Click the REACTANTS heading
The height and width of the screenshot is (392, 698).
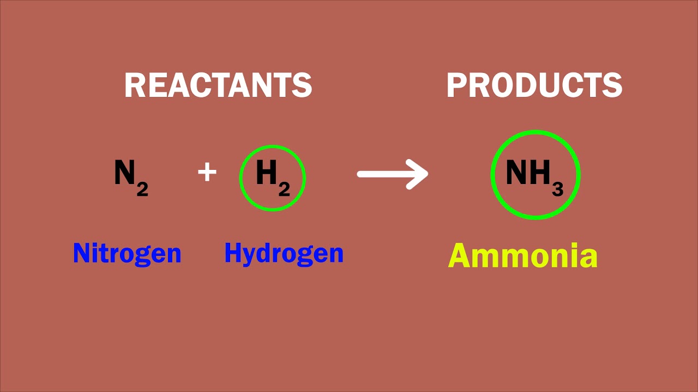(x=218, y=85)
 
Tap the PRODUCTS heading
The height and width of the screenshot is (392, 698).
(x=534, y=85)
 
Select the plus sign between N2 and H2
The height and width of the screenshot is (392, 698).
(x=207, y=173)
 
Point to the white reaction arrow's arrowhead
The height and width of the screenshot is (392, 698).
(x=419, y=174)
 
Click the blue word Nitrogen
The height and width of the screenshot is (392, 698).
(x=127, y=253)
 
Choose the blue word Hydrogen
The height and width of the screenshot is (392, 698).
(x=284, y=254)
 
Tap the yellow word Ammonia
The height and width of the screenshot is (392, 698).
(x=522, y=256)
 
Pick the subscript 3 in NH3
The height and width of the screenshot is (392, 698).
(x=557, y=189)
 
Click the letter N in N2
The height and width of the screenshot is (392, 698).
(x=124, y=173)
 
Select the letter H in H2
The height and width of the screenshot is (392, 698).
(x=266, y=173)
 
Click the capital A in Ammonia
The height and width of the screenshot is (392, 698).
(x=460, y=256)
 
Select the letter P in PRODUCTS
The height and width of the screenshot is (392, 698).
(x=456, y=85)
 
